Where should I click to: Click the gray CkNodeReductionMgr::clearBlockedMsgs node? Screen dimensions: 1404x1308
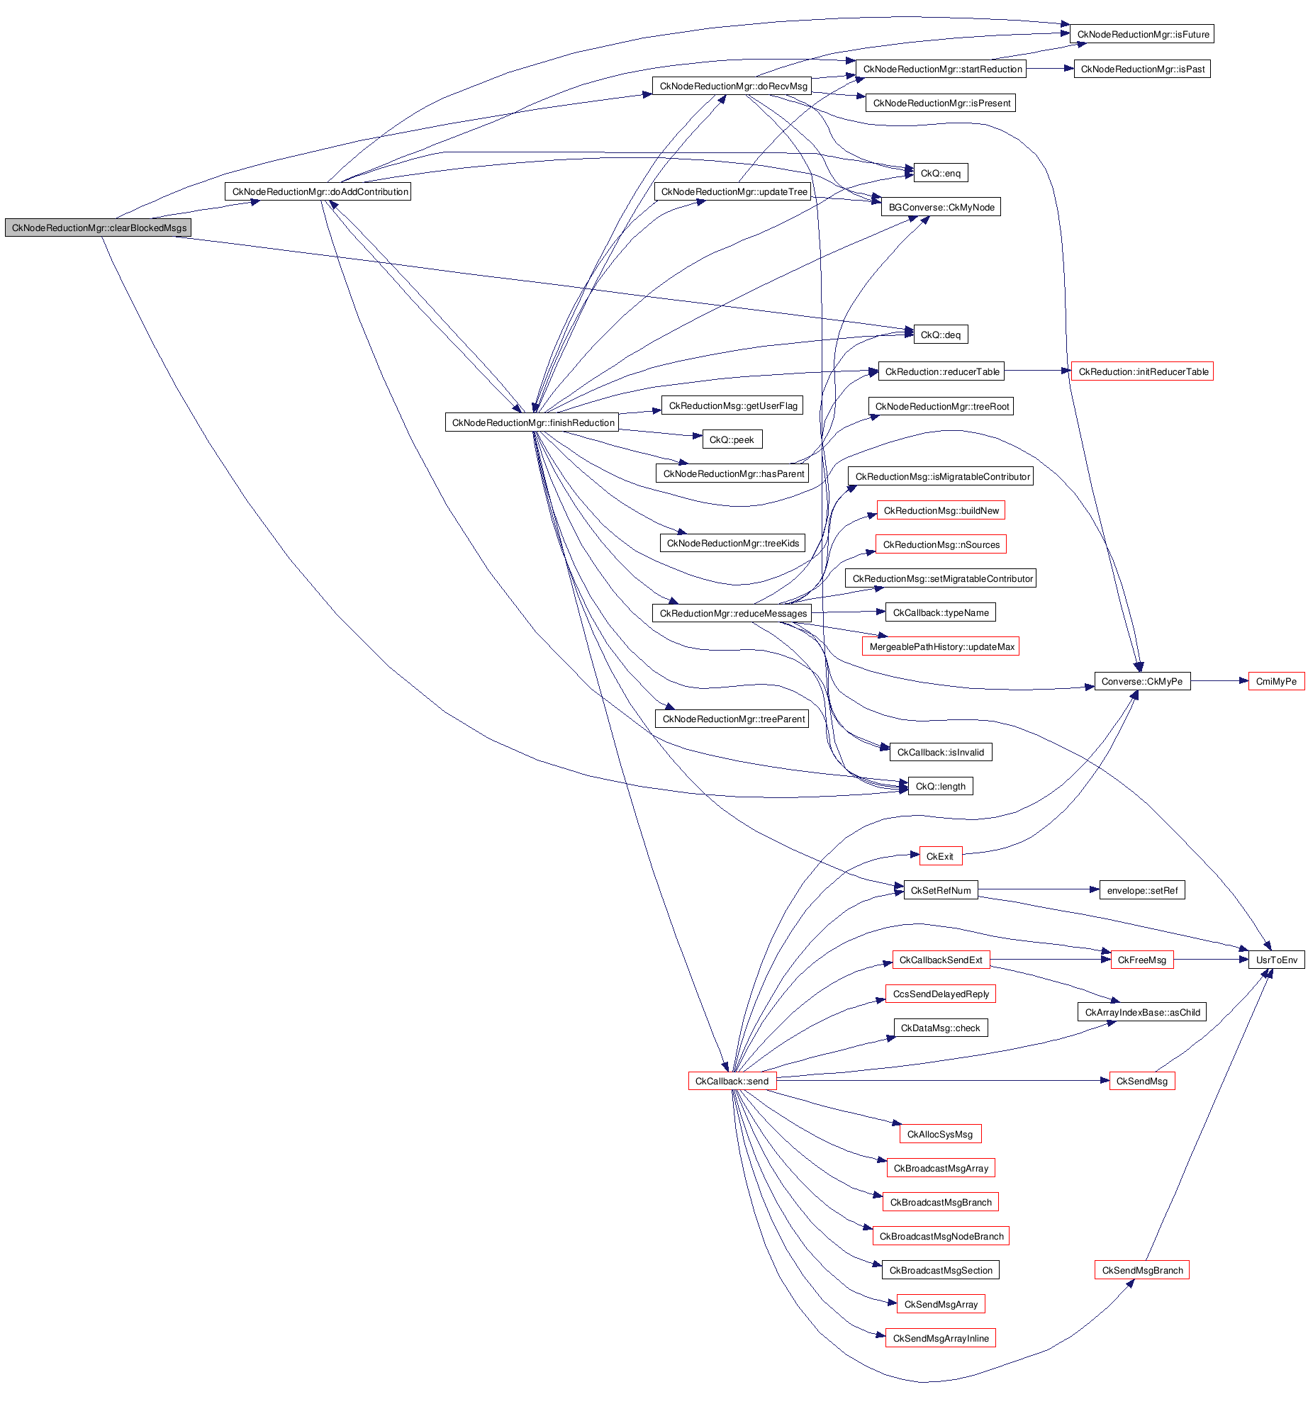click(99, 228)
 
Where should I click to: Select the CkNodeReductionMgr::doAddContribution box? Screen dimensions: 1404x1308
click(318, 191)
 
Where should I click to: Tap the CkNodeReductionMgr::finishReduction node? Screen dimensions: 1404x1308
click(532, 422)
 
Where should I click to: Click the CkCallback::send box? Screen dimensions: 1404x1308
click(732, 1081)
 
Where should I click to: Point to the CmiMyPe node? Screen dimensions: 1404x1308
click(1275, 681)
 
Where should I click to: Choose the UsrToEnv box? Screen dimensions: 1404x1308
click(1276, 960)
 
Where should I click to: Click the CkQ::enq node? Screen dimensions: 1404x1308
click(940, 173)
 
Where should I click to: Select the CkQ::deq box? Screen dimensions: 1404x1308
click(940, 335)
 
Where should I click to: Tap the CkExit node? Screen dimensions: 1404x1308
click(940, 856)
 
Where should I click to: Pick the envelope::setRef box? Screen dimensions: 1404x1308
click(1141, 890)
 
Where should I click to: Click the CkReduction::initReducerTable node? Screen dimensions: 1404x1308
click(1142, 371)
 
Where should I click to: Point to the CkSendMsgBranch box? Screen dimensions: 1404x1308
click(1141, 1270)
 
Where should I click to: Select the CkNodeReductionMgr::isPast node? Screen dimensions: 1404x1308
click(1141, 69)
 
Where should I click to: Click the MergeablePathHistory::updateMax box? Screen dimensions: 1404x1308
click(941, 646)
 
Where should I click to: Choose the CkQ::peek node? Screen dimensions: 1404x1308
click(732, 439)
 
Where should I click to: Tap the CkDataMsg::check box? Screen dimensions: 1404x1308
click(940, 1028)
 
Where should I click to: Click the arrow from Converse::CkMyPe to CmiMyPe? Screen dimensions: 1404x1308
click(1219, 681)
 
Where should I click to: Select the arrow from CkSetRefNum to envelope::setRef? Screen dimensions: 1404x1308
click(1039, 889)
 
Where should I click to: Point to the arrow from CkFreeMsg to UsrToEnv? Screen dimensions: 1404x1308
click(1211, 960)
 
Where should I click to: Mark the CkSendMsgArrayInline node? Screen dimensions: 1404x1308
click(940, 1338)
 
